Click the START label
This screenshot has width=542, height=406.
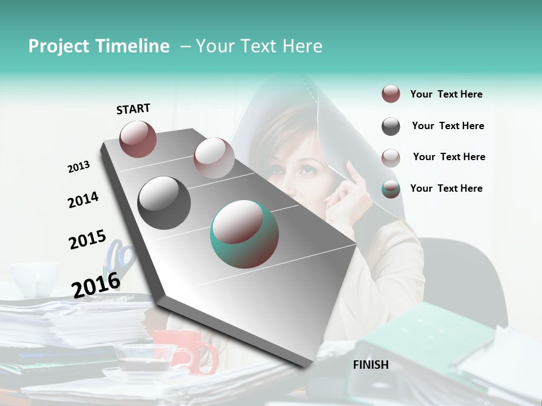(x=133, y=109)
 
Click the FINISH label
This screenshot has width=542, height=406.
(x=370, y=365)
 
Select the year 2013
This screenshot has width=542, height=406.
(x=78, y=167)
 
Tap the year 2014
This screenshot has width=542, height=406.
(x=83, y=200)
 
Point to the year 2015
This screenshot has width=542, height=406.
(x=88, y=240)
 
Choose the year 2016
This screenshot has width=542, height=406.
(x=96, y=285)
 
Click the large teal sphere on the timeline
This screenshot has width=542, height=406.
(x=244, y=234)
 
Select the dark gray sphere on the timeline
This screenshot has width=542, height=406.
(x=164, y=202)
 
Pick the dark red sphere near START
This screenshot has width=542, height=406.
(x=138, y=139)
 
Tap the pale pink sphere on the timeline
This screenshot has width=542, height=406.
(x=214, y=158)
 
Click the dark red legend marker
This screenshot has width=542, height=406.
(x=391, y=94)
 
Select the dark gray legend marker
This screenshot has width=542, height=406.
(x=391, y=126)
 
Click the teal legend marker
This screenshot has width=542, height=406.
(x=391, y=189)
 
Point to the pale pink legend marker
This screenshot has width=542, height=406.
(x=391, y=157)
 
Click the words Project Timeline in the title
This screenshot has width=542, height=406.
(x=99, y=46)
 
